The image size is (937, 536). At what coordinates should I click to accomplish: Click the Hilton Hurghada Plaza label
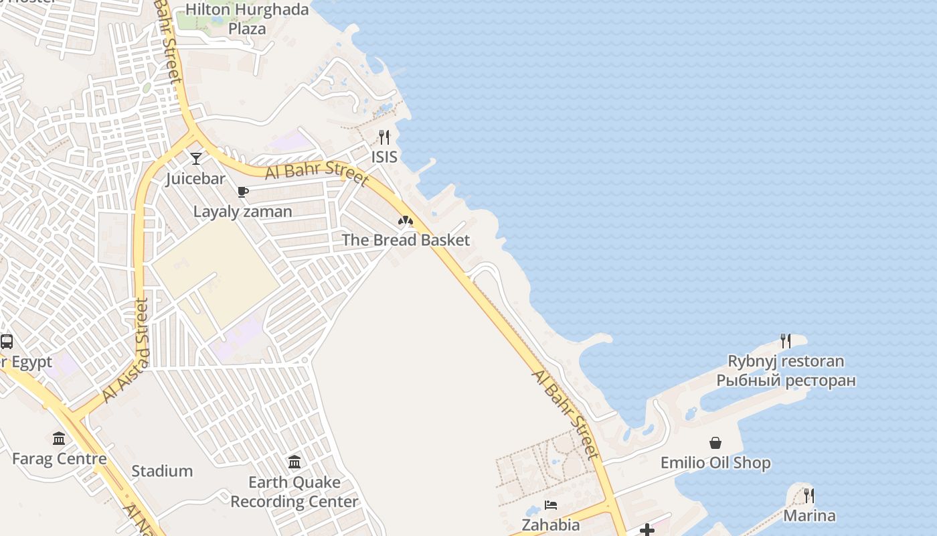point(247,19)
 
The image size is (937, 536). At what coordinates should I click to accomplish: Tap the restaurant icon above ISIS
point(384,137)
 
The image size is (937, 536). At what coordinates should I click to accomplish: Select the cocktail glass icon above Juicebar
point(196,159)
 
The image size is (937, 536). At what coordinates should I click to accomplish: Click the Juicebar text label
point(195,179)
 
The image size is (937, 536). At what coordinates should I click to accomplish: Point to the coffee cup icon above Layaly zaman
point(243,192)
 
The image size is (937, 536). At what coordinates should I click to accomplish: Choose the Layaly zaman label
point(242,212)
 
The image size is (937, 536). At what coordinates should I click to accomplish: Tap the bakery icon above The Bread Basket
point(406,220)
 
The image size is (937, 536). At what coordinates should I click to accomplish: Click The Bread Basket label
point(406,240)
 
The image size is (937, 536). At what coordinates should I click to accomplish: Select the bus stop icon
point(7,342)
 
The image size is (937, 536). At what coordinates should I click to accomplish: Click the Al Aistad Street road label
point(126,350)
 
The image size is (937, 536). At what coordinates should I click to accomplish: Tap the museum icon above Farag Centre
point(59,439)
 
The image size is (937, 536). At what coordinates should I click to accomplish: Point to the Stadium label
point(162,471)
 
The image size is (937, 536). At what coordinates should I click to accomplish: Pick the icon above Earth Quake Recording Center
point(294,462)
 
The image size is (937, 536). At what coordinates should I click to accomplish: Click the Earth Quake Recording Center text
point(294,492)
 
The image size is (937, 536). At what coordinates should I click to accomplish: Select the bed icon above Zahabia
point(551,505)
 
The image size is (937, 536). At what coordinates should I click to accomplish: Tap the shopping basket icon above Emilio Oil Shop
point(715,443)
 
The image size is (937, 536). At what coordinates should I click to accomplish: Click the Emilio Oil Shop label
point(715,463)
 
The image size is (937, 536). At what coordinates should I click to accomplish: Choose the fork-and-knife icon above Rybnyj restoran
point(786,341)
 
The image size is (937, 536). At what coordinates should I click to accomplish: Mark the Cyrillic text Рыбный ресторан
point(786,381)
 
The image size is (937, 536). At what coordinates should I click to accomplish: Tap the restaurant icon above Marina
point(809,496)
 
